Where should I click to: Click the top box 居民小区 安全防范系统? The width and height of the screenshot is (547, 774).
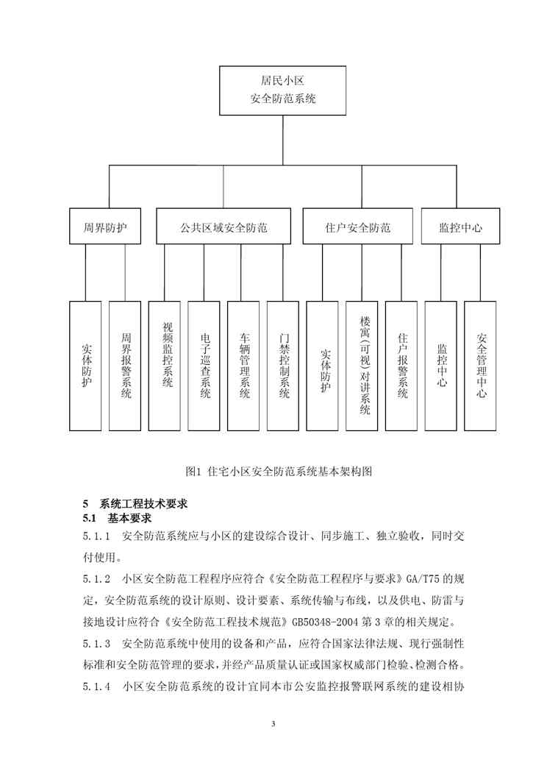(x=283, y=90)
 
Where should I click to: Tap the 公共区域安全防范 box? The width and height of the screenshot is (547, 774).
(x=224, y=228)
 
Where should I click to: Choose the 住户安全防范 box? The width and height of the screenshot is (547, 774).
(x=357, y=228)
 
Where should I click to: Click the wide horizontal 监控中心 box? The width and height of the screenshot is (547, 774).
(x=461, y=228)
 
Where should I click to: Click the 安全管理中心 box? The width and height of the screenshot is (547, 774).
(x=482, y=366)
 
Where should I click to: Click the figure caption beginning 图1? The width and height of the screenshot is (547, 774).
(x=282, y=469)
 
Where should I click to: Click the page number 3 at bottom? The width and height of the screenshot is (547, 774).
(x=273, y=725)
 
